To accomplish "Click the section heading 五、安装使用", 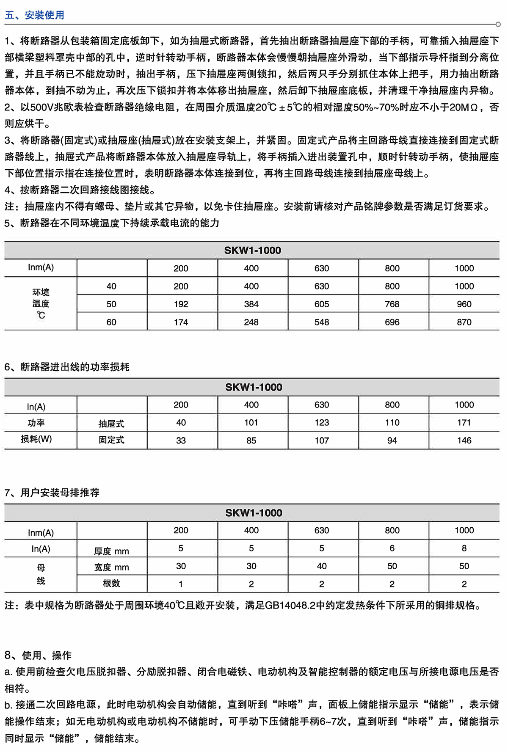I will pyautogui.click(x=34, y=15).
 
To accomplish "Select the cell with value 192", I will pyautogui.click(x=181, y=304).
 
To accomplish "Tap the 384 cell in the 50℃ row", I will pyautogui.click(x=251, y=304).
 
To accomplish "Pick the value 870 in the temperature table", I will pyautogui.click(x=464, y=322).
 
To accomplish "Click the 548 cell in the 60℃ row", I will pyautogui.click(x=322, y=322).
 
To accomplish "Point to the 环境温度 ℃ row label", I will pyautogui.click(x=41, y=303).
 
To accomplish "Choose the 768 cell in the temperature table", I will pyautogui.click(x=392, y=304).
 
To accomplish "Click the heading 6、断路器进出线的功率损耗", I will pyautogui.click(x=67, y=367).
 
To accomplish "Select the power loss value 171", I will pyautogui.click(x=464, y=422).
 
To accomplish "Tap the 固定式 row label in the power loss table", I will pyautogui.click(x=111, y=440).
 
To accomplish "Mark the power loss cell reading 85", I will pyautogui.click(x=251, y=441).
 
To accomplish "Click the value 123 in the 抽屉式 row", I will pyautogui.click(x=322, y=422).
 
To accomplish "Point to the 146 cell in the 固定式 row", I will pyautogui.click(x=464, y=441).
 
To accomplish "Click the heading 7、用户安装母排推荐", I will pyautogui.click(x=52, y=493).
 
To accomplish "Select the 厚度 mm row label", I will pyautogui.click(x=111, y=551).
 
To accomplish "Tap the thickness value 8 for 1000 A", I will pyautogui.click(x=464, y=548).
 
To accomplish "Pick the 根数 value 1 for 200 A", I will pyautogui.click(x=181, y=584).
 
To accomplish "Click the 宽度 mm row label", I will pyautogui.click(x=111, y=567).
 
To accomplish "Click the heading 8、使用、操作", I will pyautogui.click(x=38, y=656).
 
